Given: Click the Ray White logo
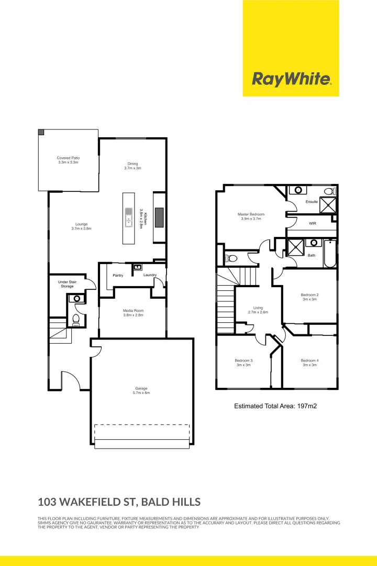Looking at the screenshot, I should click(291, 79).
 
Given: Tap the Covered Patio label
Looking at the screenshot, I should click(68, 160).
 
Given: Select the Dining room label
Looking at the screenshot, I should click(132, 165).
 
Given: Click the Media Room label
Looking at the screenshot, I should click(133, 313).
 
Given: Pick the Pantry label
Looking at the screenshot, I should click(118, 275).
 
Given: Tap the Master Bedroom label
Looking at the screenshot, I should click(251, 216).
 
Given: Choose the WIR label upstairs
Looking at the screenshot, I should click(313, 224).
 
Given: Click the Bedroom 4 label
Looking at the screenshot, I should click(309, 363).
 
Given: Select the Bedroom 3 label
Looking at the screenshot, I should click(243, 363).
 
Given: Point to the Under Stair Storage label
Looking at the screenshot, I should click(67, 284).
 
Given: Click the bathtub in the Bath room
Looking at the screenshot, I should click(329, 254).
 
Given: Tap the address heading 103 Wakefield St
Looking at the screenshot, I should click(119, 502).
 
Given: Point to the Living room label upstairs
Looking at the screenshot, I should click(258, 310).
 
